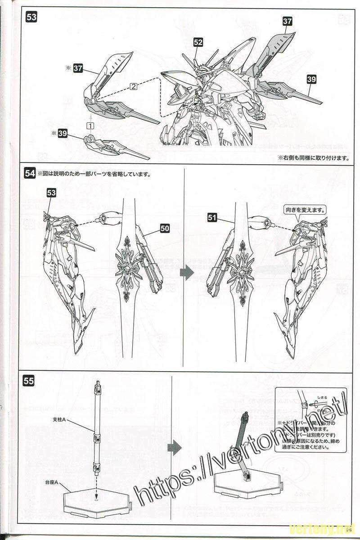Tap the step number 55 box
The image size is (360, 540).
click(28, 381)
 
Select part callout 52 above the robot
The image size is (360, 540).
click(198, 42)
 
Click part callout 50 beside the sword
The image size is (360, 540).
click(165, 229)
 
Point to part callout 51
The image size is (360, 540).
click(212, 218)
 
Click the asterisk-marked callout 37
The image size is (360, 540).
click(78, 68)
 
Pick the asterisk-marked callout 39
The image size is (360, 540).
click(63, 133)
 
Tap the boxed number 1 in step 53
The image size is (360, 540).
click(90, 126)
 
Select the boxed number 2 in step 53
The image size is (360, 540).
click(133, 87)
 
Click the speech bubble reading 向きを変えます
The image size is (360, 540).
click(305, 210)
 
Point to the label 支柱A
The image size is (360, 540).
click(58, 419)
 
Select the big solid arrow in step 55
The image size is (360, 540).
click(174, 447)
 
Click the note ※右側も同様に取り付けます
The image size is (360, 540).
click(313, 158)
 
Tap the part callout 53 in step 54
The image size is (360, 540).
click(51, 193)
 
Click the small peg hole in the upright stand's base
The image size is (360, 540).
click(97, 499)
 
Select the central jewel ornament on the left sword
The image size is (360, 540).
click(130, 268)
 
